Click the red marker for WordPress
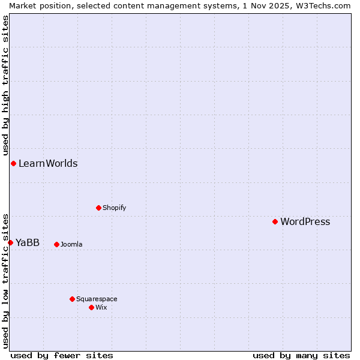(275, 221)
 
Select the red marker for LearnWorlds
(13, 163)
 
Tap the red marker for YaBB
(10, 242)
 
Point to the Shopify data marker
(98, 208)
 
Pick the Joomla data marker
(56, 244)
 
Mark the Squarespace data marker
(72, 299)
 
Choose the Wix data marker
(91, 307)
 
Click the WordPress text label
(305, 222)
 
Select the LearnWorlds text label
(48, 164)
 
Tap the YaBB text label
(28, 243)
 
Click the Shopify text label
(114, 208)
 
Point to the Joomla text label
(71, 245)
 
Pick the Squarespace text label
(97, 299)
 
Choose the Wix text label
(101, 308)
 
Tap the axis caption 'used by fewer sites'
(62, 355)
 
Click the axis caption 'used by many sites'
(301, 355)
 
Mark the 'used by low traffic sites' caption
(5, 281)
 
